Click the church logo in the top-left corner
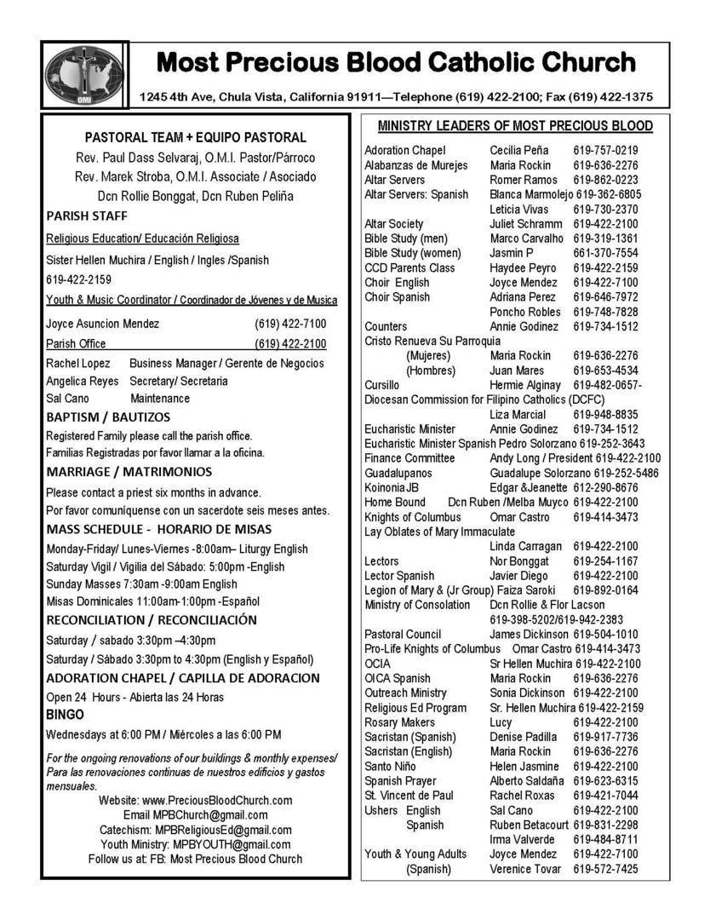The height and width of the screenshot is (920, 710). pos(84,75)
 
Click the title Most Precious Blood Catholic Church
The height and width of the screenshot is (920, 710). pos(396,63)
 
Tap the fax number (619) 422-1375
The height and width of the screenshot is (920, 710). pos(610,96)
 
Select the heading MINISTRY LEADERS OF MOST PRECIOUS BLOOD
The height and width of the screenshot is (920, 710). pos(515,126)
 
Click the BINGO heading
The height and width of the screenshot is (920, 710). pos(65,716)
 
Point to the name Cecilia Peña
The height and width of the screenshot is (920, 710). pos(518,151)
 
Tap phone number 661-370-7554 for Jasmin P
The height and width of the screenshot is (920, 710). pos(605,253)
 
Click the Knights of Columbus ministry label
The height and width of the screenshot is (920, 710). pos(412,517)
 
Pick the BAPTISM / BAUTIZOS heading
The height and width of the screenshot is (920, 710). pos(108,417)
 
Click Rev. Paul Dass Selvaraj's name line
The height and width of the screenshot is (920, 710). pos(195,158)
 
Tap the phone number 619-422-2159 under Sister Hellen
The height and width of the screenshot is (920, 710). pos(78,279)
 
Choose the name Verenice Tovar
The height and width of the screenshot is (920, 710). pos(525,869)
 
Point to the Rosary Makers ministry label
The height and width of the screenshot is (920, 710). pos(400,722)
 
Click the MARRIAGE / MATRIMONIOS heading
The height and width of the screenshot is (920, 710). pos(129,471)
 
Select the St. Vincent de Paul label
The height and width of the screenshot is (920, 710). pos(409,796)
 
